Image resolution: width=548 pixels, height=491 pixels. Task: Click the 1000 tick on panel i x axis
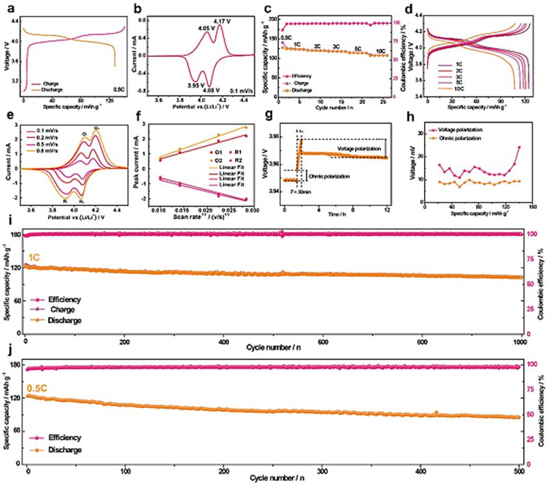(x=519, y=340)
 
